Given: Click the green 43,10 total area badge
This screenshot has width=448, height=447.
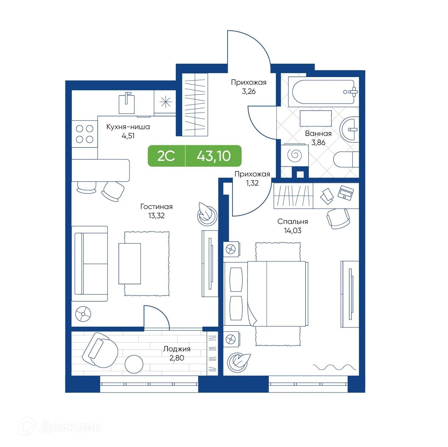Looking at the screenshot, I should [x=214, y=156].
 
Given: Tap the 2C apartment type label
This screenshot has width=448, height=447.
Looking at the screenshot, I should [x=166, y=156].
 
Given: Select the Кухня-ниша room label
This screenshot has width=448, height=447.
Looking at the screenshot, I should [x=128, y=127].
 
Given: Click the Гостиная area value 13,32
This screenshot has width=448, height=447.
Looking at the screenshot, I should [x=156, y=216].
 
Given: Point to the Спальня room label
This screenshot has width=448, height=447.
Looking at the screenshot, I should [x=292, y=222].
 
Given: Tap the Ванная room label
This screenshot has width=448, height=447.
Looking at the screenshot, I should [x=318, y=133].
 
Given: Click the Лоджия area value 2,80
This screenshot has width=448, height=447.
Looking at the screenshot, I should [x=177, y=358].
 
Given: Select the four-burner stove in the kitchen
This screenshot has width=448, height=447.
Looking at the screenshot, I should [x=85, y=134].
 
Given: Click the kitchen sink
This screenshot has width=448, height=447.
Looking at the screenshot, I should [x=126, y=103].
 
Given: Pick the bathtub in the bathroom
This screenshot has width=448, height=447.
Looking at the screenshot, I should [x=323, y=91].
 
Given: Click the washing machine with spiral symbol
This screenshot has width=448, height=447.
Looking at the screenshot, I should [x=294, y=155].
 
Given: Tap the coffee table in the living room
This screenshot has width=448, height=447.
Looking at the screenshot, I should [x=130, y=264].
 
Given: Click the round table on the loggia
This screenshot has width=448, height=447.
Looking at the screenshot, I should [x=134, y=364].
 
